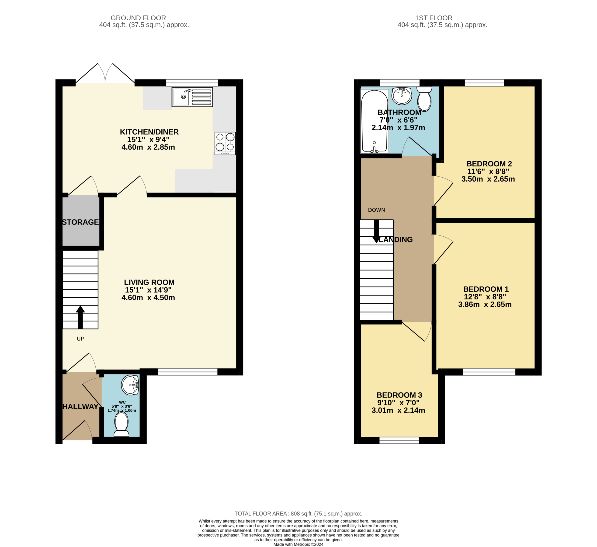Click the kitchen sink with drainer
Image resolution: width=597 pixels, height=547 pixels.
click(x=192, y=97)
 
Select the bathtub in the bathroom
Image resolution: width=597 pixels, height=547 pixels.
click(x=374, y=121)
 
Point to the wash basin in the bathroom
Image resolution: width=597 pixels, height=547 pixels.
click(x=402, y=96)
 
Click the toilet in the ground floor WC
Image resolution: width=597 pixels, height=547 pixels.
click(x=121, y=424)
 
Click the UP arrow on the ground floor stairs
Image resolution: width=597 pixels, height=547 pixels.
click(x=80, y=317)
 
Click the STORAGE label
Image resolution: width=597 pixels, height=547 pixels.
click(x=80, y=222)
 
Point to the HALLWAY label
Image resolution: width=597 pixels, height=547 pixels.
click(x=80, y=407)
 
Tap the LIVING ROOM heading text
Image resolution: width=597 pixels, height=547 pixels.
click(x=149, y=282)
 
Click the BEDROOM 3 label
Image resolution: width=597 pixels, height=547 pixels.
click(x=399, y=395)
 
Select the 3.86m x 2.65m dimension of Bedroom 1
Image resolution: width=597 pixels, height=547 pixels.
click(x=485, y=304)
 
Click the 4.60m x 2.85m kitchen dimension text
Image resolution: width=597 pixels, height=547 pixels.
click(x=148, y=147)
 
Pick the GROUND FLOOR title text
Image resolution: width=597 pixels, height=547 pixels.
click(x=138, y=18)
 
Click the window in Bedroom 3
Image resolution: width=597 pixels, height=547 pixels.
click(x=399, y=440)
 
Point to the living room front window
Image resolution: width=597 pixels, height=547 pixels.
click(x=188, y=372)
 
